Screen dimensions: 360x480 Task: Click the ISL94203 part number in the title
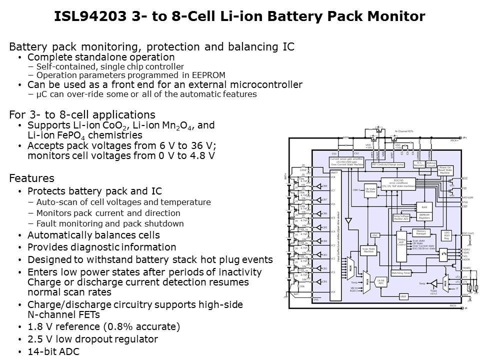coord(87,16)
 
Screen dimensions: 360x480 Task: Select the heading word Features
coord(31,178)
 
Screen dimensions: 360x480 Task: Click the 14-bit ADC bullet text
coord(53,351)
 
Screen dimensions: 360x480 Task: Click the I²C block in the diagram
coord(443,254)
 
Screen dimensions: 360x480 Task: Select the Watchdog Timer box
coord(401,273)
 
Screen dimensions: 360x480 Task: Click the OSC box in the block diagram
coord(375,235)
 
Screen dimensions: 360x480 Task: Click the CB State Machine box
coord(370,189)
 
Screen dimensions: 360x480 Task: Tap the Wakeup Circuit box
coord(431,164)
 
